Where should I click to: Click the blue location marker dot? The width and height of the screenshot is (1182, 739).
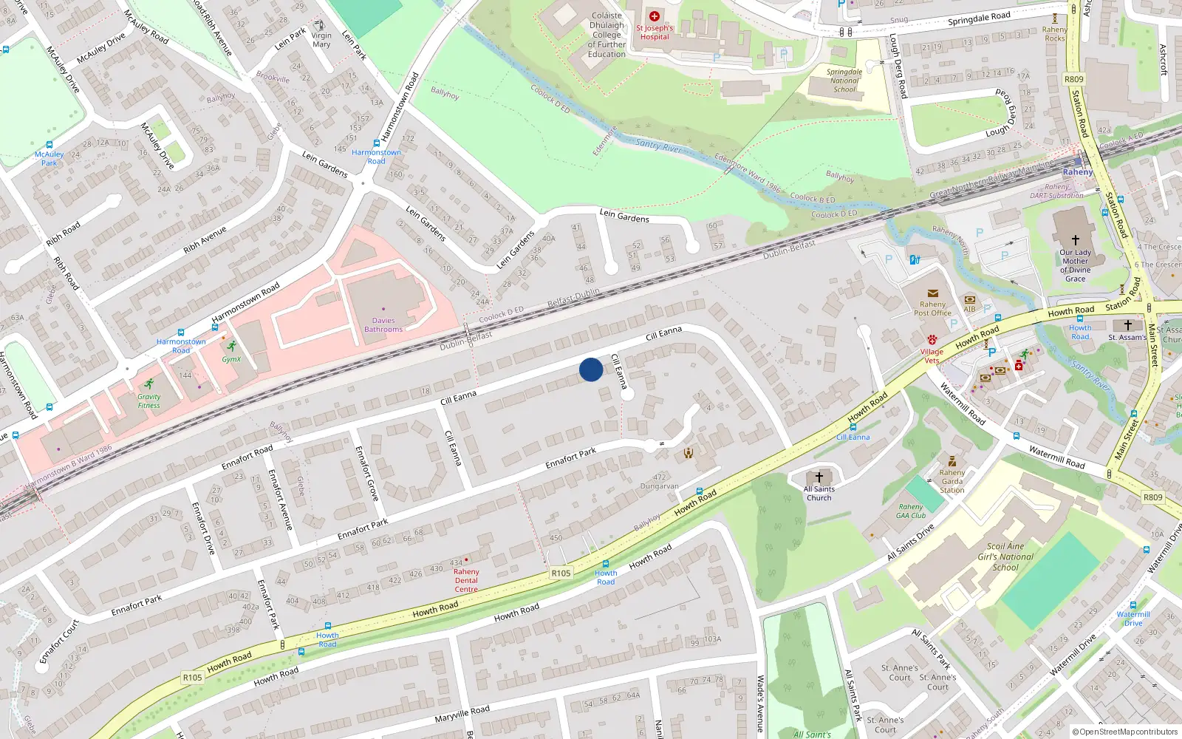point(591,369)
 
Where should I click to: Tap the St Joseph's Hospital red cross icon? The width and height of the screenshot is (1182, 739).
point(654,16)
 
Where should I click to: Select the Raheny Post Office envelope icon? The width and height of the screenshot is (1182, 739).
point(933,293)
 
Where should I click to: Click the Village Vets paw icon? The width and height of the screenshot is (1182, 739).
point(932,341)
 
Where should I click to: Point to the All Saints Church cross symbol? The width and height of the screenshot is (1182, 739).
point(819,477)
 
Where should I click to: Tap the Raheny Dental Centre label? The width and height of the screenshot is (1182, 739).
point(466,580)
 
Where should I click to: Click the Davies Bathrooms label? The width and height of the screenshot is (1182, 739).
point(383,325)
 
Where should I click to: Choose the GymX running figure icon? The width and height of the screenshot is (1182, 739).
point(232,346)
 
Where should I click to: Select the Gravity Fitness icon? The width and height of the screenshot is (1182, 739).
point(149,384)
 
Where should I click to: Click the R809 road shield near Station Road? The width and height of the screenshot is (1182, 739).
point(1074,79)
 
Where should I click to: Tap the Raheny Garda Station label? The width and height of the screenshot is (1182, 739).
point(952,481)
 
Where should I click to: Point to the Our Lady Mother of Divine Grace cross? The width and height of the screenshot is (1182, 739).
point(1075,240)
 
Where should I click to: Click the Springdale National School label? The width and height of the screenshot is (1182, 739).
point(844,81)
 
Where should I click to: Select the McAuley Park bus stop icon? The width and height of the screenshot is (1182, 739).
point(49,146)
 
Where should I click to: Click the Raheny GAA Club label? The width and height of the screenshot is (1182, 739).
point(911,511)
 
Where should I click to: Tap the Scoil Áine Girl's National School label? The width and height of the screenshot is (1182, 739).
point(1005,556)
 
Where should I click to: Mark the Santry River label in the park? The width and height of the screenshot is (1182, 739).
point(659,145)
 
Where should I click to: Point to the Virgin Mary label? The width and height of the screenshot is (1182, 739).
point(321,40)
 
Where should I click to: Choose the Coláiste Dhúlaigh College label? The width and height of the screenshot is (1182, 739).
point(607,35)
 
